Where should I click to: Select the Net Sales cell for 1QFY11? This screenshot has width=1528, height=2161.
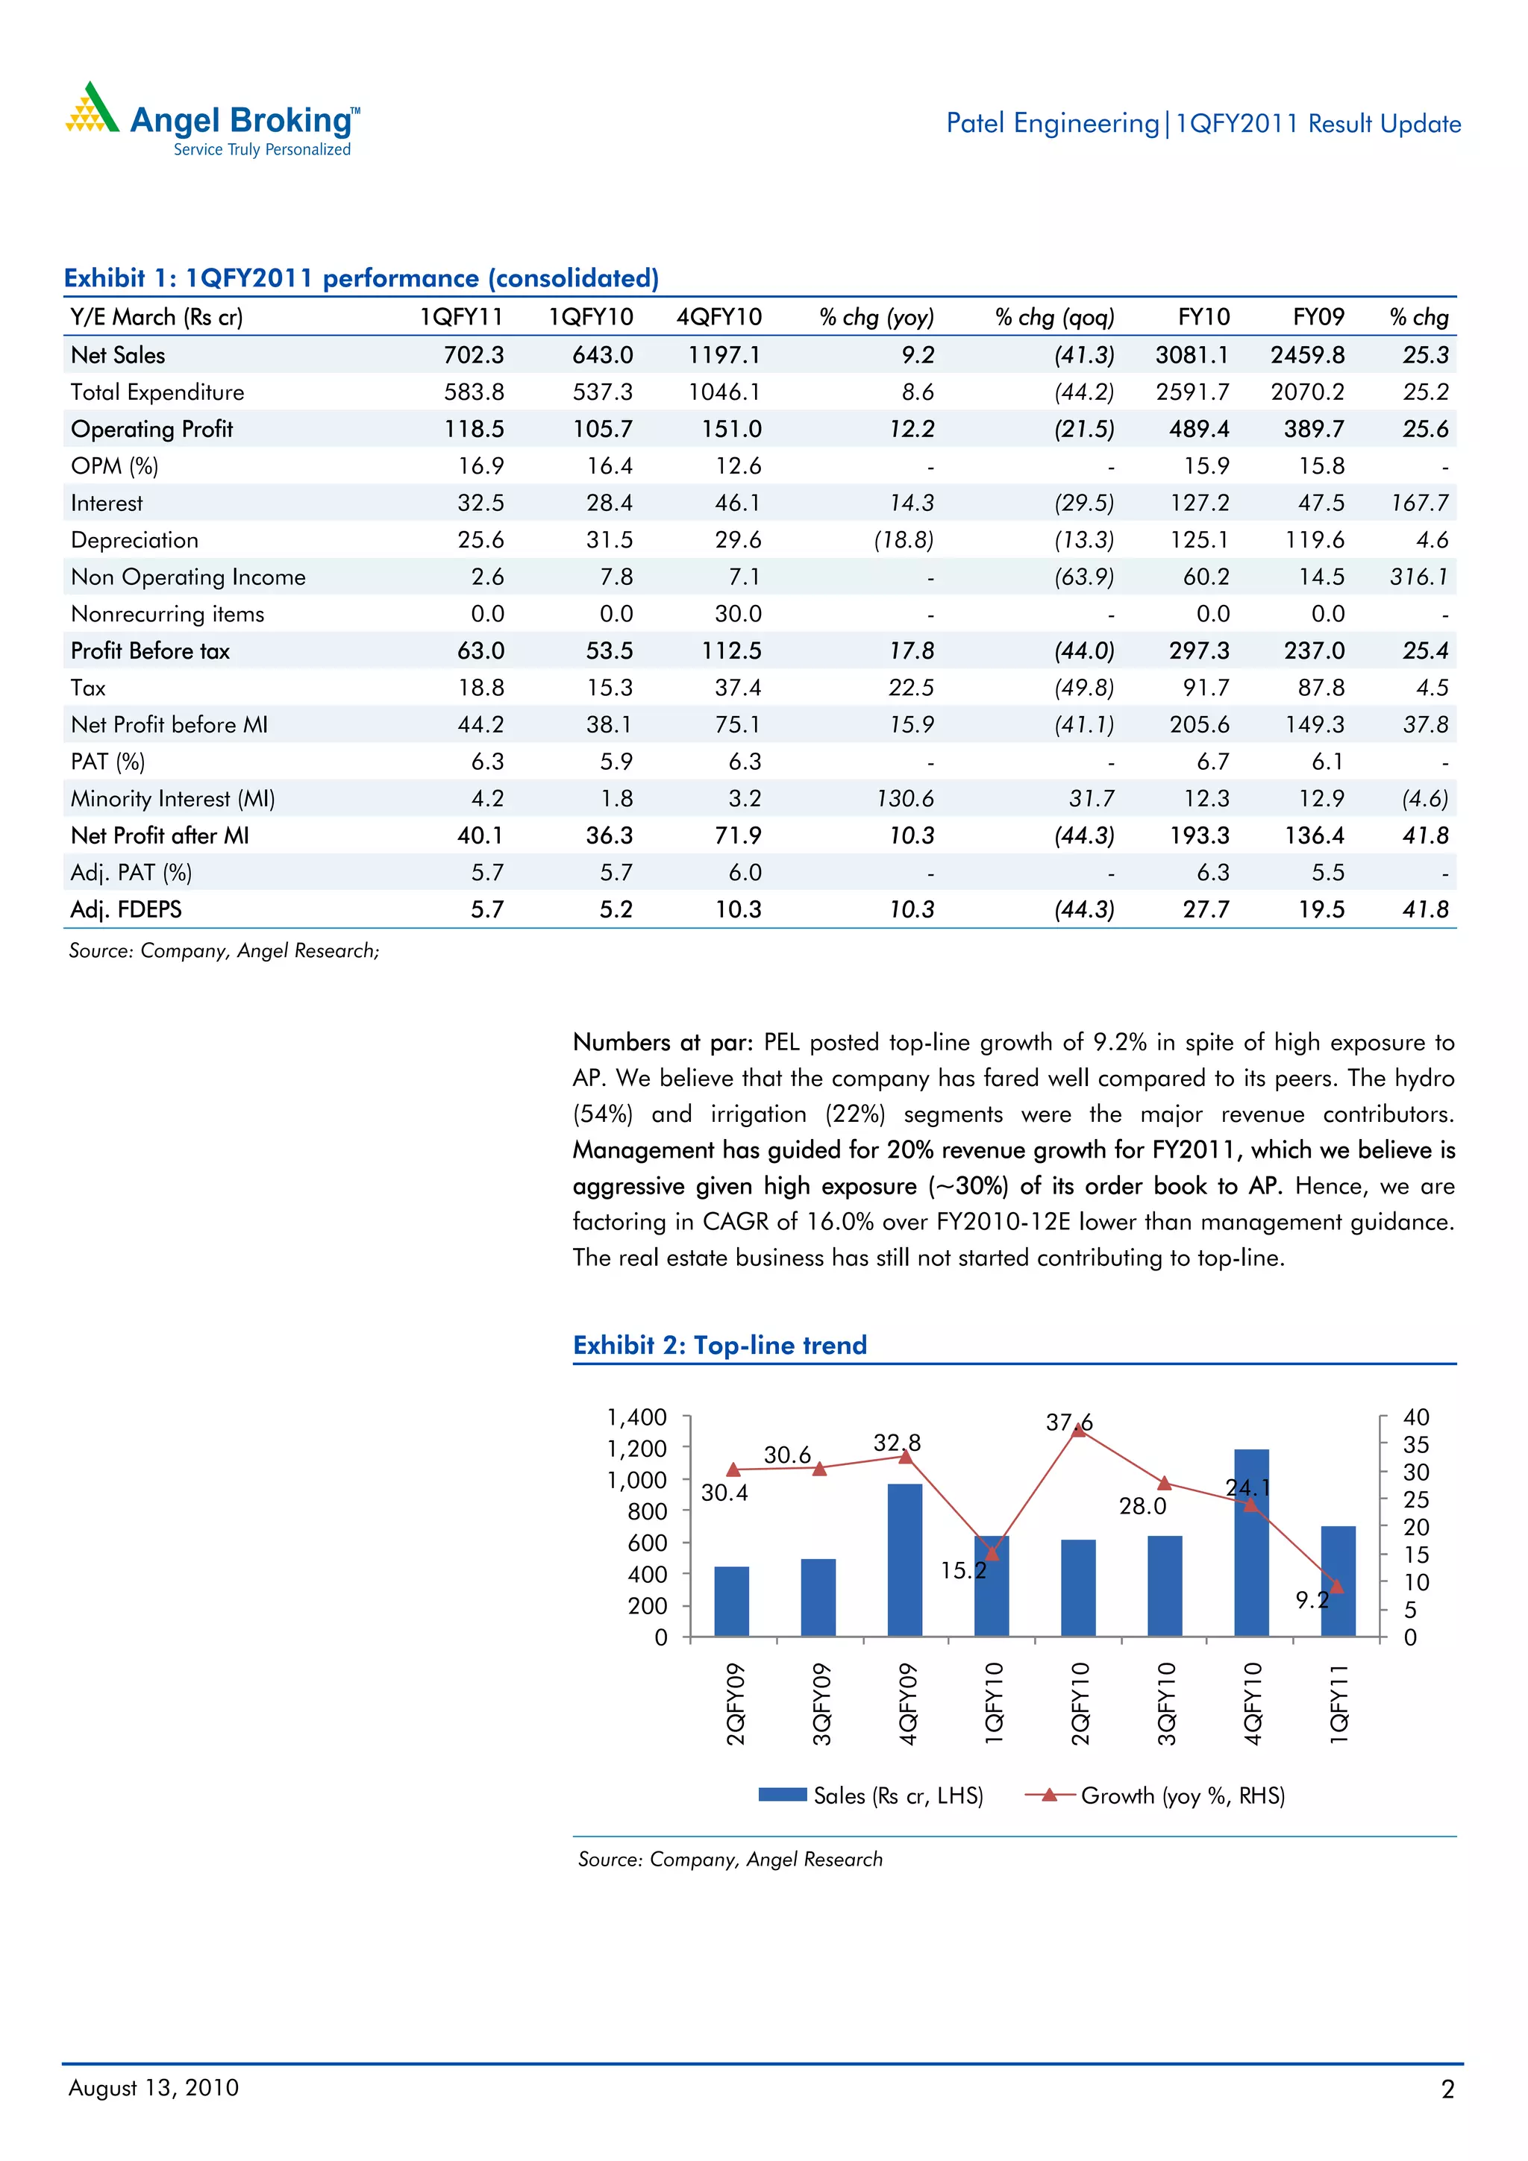point(474,355)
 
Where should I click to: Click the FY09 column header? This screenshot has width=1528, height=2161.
point(1318,317)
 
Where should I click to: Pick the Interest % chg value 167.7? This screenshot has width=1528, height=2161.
point(1419,503)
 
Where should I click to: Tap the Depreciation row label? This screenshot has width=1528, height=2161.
point(134,540)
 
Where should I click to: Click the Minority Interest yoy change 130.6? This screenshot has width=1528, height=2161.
point(905,798)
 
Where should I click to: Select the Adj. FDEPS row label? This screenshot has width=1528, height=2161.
point(126,909)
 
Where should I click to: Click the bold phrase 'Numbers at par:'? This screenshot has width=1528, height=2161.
point(663,1042)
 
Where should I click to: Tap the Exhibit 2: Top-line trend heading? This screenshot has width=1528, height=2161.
point(719,1345)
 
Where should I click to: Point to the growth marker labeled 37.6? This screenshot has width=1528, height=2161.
point(1079,1431)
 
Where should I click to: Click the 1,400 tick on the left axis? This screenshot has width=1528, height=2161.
point(636,1417)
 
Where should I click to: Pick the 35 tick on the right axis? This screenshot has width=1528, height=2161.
point(1415,1444)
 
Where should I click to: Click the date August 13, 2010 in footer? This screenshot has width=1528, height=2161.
point(154,2088)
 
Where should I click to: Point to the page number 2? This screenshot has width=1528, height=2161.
point(1447,2089)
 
